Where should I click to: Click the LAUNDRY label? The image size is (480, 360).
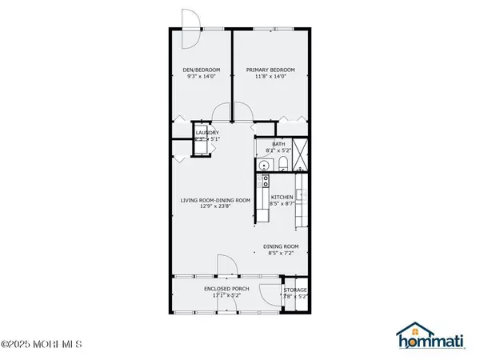[208, 132]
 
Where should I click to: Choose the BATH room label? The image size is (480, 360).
[278, 144]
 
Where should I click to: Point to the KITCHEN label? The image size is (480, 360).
[282, 197]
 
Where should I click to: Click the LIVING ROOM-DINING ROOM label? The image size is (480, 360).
[214, 200]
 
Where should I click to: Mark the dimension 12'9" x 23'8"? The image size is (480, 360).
[214, 207]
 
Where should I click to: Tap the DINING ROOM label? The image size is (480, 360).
[281, 246]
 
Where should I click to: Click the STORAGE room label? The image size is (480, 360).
[295, 290]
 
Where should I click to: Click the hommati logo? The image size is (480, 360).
[431, 338]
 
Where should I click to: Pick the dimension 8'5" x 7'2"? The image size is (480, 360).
[281, 254]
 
